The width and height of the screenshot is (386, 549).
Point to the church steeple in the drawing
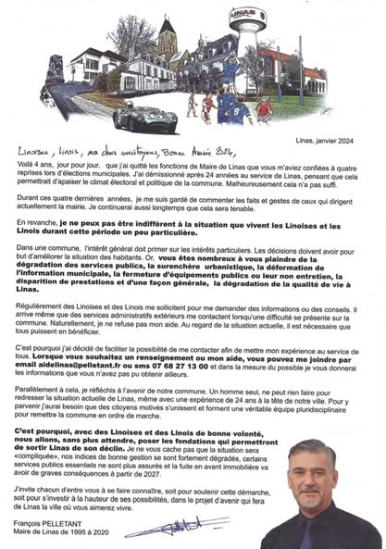168,37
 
